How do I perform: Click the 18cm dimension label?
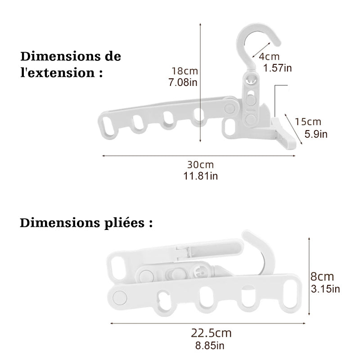point(184,71)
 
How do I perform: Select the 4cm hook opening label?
point(270,57)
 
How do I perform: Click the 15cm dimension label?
point(309,121)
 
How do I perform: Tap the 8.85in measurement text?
point(209,346)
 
